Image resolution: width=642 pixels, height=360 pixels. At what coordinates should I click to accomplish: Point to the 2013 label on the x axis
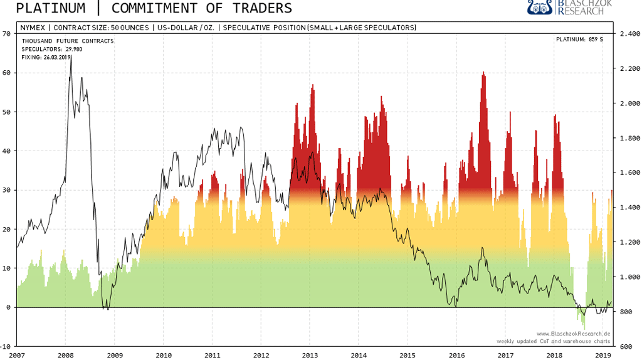tap(310, 355)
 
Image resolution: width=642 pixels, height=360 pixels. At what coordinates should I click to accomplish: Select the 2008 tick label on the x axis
tap(65, 355)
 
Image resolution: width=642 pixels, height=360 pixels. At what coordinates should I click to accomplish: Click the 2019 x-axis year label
tap(603, 355)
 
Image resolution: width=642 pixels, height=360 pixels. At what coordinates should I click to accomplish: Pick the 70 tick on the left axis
tap(6, 34)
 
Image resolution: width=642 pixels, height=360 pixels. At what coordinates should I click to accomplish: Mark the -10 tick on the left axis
tap(5, 346)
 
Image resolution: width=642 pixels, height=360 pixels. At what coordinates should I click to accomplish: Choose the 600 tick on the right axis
tap(627, 346)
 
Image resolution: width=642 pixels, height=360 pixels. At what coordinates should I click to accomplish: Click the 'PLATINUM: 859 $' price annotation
tap(579, 40)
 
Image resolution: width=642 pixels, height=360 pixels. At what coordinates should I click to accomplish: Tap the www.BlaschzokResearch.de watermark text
tap(573, 334)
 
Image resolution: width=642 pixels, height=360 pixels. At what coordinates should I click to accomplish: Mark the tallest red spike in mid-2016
tap(483, 74)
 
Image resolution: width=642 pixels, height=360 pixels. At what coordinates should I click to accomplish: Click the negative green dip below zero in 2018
tap(584, 323)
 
